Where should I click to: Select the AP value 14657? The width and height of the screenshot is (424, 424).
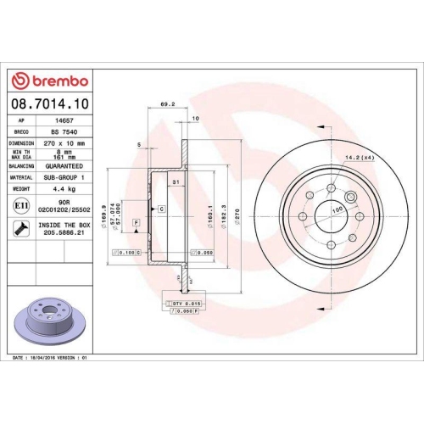[59, 121]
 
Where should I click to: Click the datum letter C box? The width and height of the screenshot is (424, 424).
[159, 208]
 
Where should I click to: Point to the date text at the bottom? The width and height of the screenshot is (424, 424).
[51, 359]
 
